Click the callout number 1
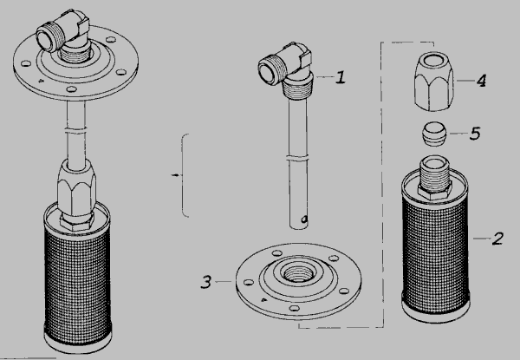[x=341, y=77]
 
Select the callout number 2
[x=497, y=239]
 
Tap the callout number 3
[x=206, y=282]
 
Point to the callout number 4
[x=481, y=81]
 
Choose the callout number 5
[x=475, y=134]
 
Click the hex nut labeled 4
[x=434, y=82]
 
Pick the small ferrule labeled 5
[x=434, y=134]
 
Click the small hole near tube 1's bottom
[x=304, y=219]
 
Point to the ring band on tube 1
[x=297, y=158]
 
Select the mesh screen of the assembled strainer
[x=78, y=285]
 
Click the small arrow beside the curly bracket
[x=176, y=175]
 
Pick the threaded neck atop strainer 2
[x=435, y=175]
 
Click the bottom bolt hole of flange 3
[x=294, y=308]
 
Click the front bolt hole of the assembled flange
[x=71, y=89]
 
